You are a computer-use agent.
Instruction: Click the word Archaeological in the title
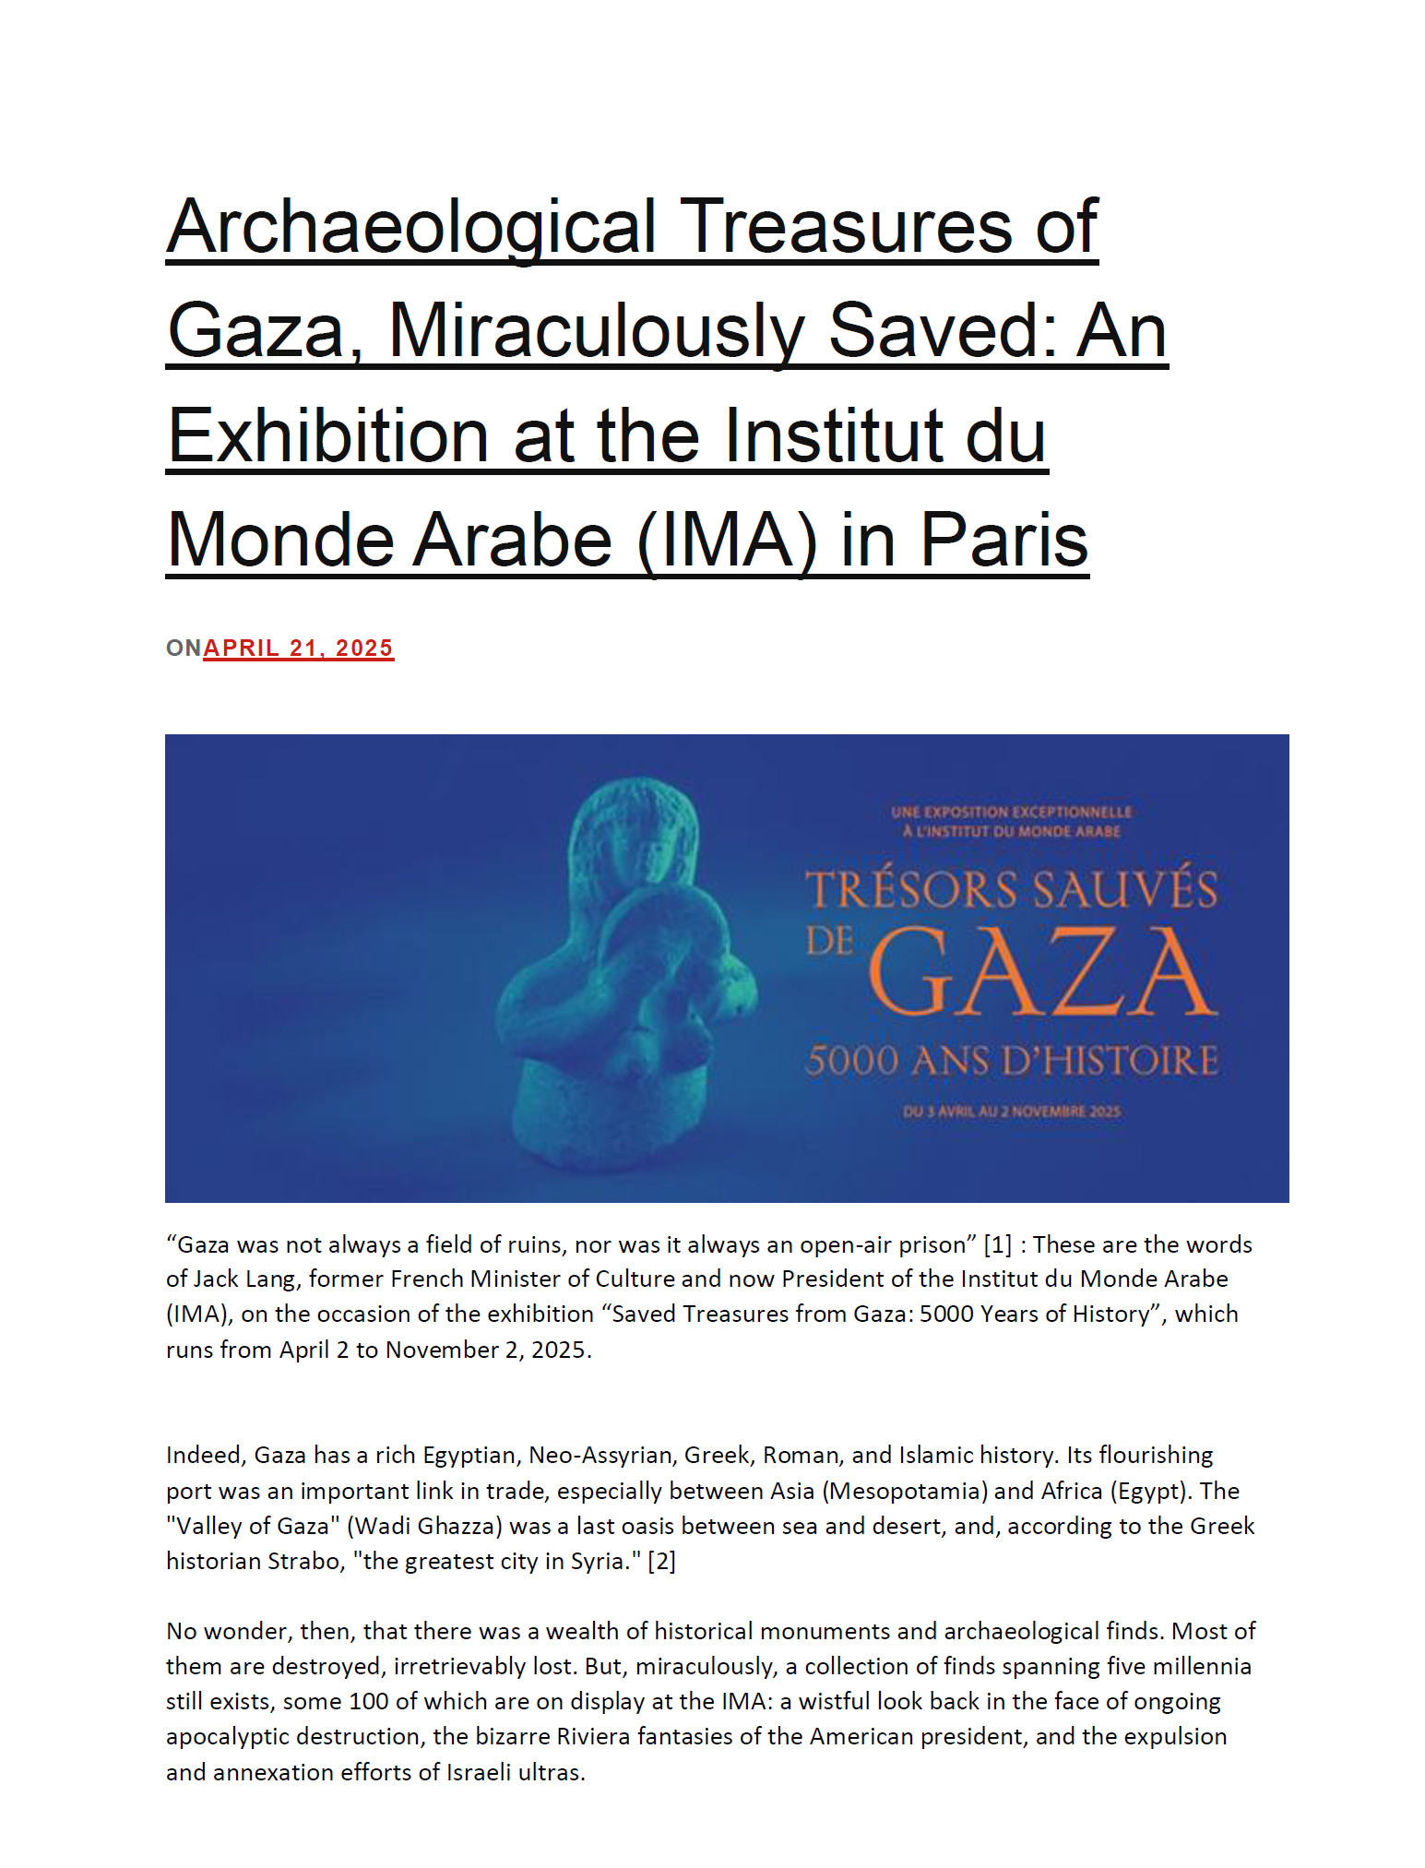coord(410,227)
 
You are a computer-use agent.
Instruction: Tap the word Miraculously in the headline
coord(596,331)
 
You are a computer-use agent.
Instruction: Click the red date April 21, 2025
coord(298,648)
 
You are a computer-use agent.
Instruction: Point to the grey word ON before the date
coord(184,648)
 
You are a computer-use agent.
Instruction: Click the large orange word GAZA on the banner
coord(1042,973)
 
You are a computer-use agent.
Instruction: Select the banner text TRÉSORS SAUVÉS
coord(1012,889)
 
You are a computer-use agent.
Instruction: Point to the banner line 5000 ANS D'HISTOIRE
coord(1012,1061)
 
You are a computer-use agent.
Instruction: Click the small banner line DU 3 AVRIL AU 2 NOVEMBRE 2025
coord(1012,1112)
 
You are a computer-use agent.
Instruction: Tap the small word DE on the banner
coord(830,941)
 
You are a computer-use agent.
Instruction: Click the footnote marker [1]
coord(998,1244)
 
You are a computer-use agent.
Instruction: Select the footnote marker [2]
coord(661,1561)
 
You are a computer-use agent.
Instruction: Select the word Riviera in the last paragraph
coord(593,1736)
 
